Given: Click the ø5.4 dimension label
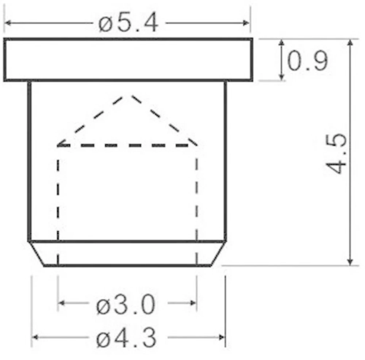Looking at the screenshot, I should click(x=128, y=24).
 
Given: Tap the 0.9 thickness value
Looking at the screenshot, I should click(x=307, y=61).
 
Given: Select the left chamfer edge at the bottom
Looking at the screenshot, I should click(x=37, y=253).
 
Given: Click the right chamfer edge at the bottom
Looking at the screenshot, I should click(x=218, y=253).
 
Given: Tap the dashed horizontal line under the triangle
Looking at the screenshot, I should click(x=127, y=145).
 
